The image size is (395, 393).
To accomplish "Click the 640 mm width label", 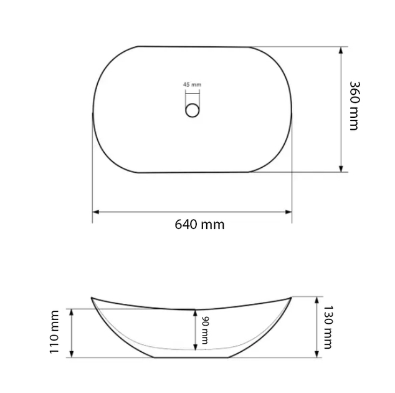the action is click(199, 224).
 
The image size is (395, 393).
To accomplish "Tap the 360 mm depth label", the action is click(355, 105).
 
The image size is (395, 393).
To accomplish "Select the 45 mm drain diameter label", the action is click(193, 84).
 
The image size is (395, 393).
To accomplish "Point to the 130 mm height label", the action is click(328, 327).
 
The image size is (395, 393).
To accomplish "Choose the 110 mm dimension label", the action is click(54, 332).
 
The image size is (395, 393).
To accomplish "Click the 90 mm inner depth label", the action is click(205, 330).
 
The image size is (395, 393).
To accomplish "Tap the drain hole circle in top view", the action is click(193, 110).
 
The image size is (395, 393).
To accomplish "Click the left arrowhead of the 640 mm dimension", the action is click(96, 212).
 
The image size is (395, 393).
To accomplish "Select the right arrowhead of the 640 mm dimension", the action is click(288, 212).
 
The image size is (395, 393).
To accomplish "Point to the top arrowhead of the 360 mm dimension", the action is click(341, 50).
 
